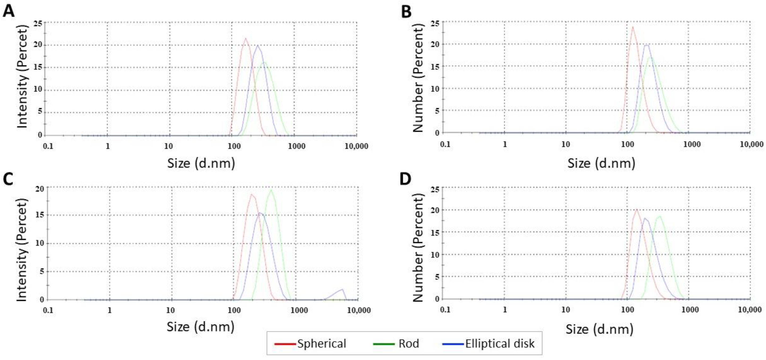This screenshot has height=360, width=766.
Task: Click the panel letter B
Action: click(x=406, y=12)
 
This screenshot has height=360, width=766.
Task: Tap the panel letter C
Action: click(x=8, y=179)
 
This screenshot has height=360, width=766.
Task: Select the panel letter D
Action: click(x=405, y=179)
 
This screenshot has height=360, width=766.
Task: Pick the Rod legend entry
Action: click(x=409, y=344)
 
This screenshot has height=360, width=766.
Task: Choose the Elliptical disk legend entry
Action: click(x=500, y=344)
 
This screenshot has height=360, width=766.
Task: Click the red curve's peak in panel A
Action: click(x=246, y=38)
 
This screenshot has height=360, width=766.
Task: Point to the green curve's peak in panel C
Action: click(x=271, y=190)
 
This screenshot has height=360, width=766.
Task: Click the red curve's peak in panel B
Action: click(x=632, y=27)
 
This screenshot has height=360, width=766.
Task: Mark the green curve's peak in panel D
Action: click(x=660, y=216)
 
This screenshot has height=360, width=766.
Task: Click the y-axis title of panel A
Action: click(x=22, y=77)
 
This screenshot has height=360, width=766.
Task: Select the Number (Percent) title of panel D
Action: click(x=418, y=247)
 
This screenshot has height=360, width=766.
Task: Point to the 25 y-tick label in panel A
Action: click(x=38, y=23)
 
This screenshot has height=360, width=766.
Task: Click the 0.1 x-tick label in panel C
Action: click(x=48, y=310)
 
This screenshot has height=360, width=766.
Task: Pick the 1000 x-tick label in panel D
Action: click(x=690, y=309)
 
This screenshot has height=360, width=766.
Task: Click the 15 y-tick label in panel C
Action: click(x=40, y=215)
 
